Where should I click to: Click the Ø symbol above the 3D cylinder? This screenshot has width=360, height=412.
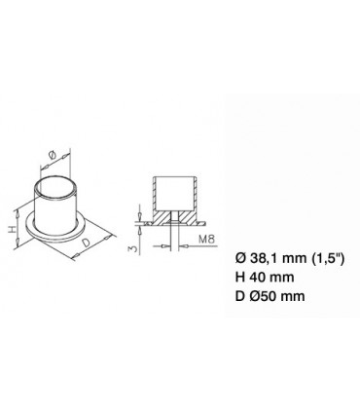[x=54, y=156]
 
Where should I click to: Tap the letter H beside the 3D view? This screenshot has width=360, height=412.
[x=12, y=229]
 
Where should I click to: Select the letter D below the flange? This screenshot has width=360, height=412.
[x=86, y=243]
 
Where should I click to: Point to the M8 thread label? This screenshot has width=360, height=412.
[x=206, y=240]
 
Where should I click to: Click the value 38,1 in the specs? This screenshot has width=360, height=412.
[x=263, y=258]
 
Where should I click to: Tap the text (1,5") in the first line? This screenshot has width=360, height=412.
[x=327, y=258]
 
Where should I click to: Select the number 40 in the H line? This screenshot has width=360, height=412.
[x=256, y=277]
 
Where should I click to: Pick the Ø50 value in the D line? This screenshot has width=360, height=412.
[x=262, y=296]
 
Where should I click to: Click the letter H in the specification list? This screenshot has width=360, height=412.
[x=240, y=277]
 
